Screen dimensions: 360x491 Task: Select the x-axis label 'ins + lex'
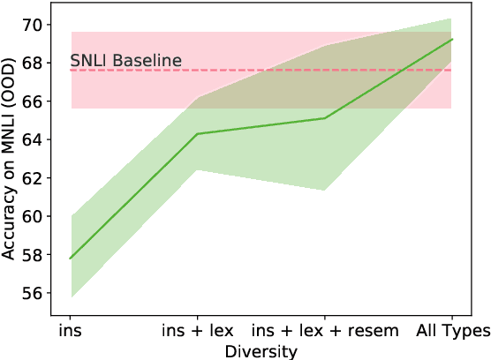[197, 331]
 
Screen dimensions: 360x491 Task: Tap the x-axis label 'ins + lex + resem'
[324, 331]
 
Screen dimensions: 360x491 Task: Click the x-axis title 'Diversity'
[261, 350]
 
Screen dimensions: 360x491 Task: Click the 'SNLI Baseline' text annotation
[126, 61]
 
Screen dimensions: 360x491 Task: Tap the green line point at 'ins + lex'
[197, 134]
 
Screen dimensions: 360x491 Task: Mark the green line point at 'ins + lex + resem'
[324, 118]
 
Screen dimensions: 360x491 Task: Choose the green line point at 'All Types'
[451, 40]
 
